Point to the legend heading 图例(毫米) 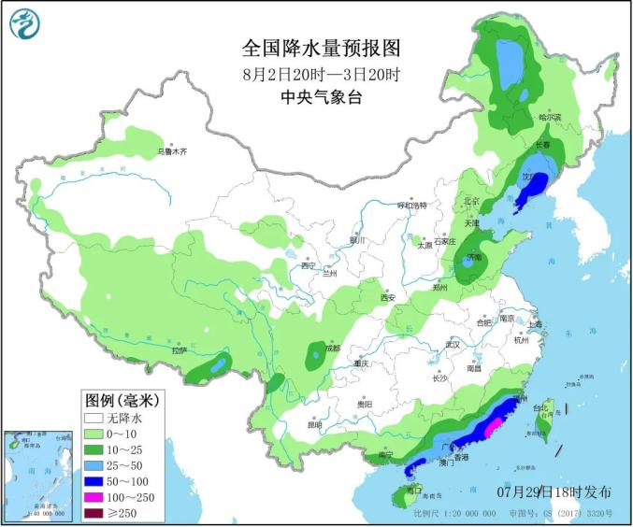[x=121, y=400]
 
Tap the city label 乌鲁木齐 [x=172, y=150]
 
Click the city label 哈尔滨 [x=550, y=118]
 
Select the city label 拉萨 [x=180, y=350]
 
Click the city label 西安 [x=388, y=297]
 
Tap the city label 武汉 [x=454, y=344]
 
